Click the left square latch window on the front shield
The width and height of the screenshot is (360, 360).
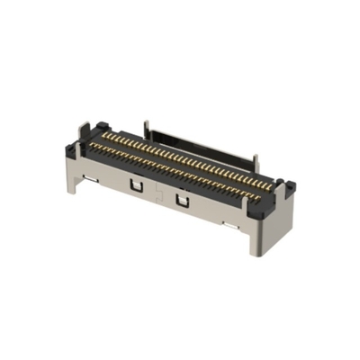[136, 184]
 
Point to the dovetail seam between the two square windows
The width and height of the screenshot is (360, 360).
[159, 193]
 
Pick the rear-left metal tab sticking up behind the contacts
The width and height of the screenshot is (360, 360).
[147, 127]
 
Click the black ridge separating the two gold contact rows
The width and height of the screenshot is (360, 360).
[180, 161]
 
